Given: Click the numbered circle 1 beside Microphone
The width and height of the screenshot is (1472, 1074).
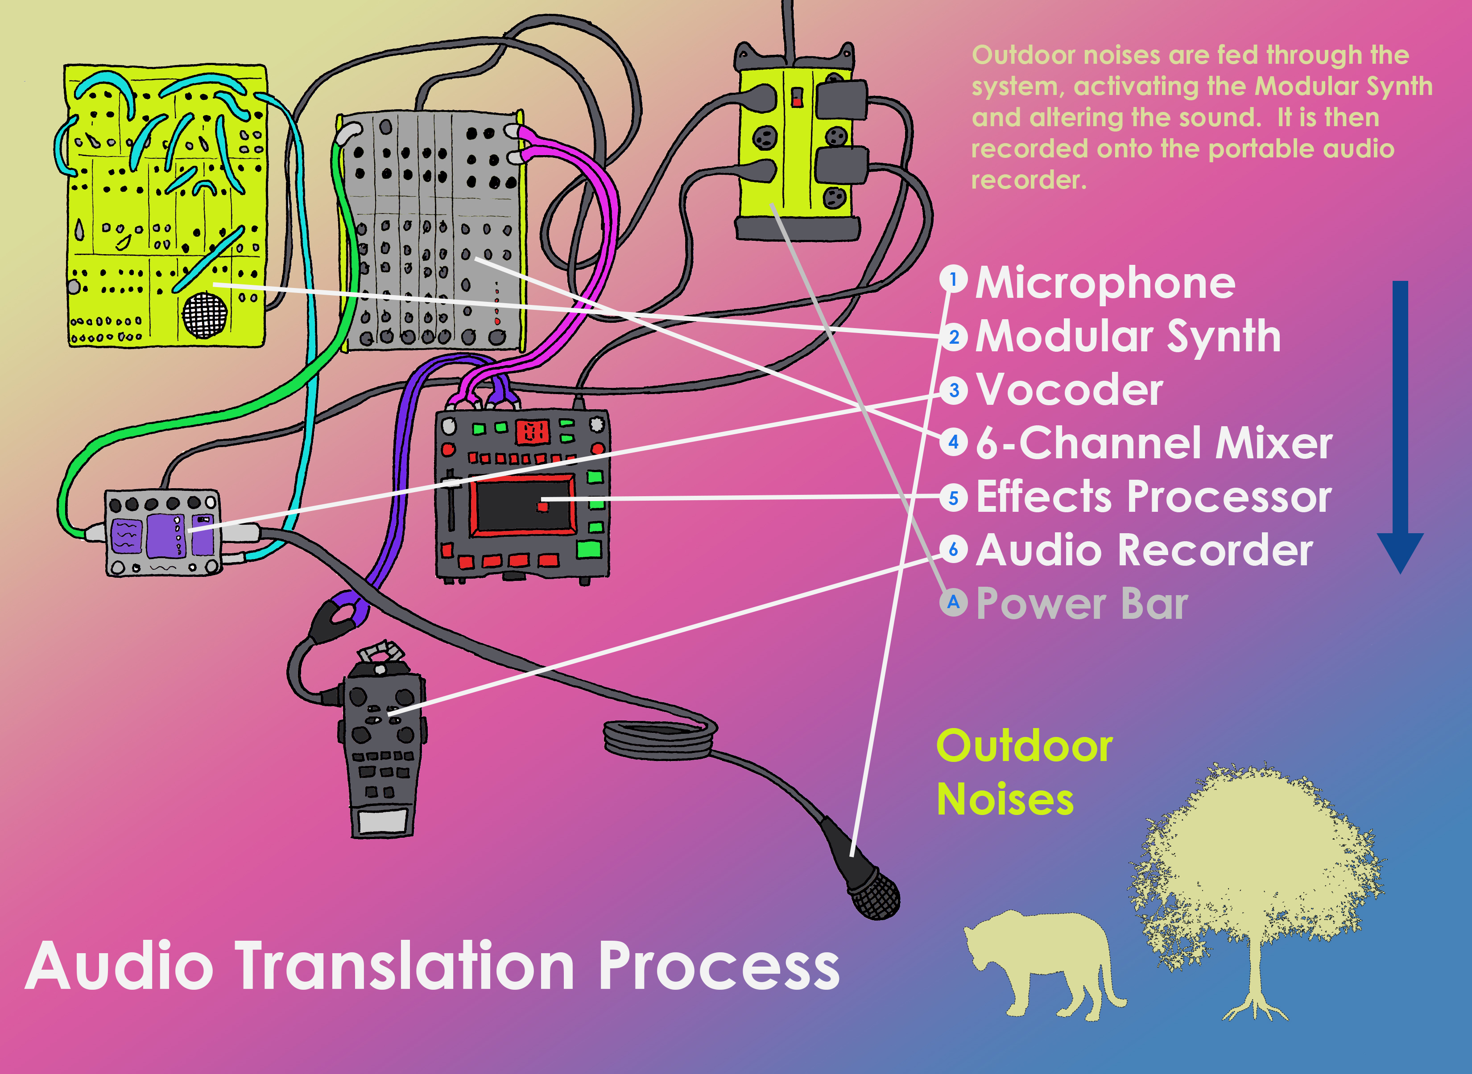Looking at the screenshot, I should pos(953,280).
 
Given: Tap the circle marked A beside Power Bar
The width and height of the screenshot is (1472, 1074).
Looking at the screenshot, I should pos(953,603).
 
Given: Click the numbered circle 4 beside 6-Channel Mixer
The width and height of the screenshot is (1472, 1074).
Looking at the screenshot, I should pos(953,443).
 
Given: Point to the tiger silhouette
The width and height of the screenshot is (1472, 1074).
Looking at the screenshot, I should pos(1041,962).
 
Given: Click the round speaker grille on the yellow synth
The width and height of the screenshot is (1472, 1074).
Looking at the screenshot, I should pos(205,315).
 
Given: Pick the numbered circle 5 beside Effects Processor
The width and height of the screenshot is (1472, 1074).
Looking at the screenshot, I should pos(953,498).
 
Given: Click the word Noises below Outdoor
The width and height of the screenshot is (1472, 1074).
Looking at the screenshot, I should pos(1005,800).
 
